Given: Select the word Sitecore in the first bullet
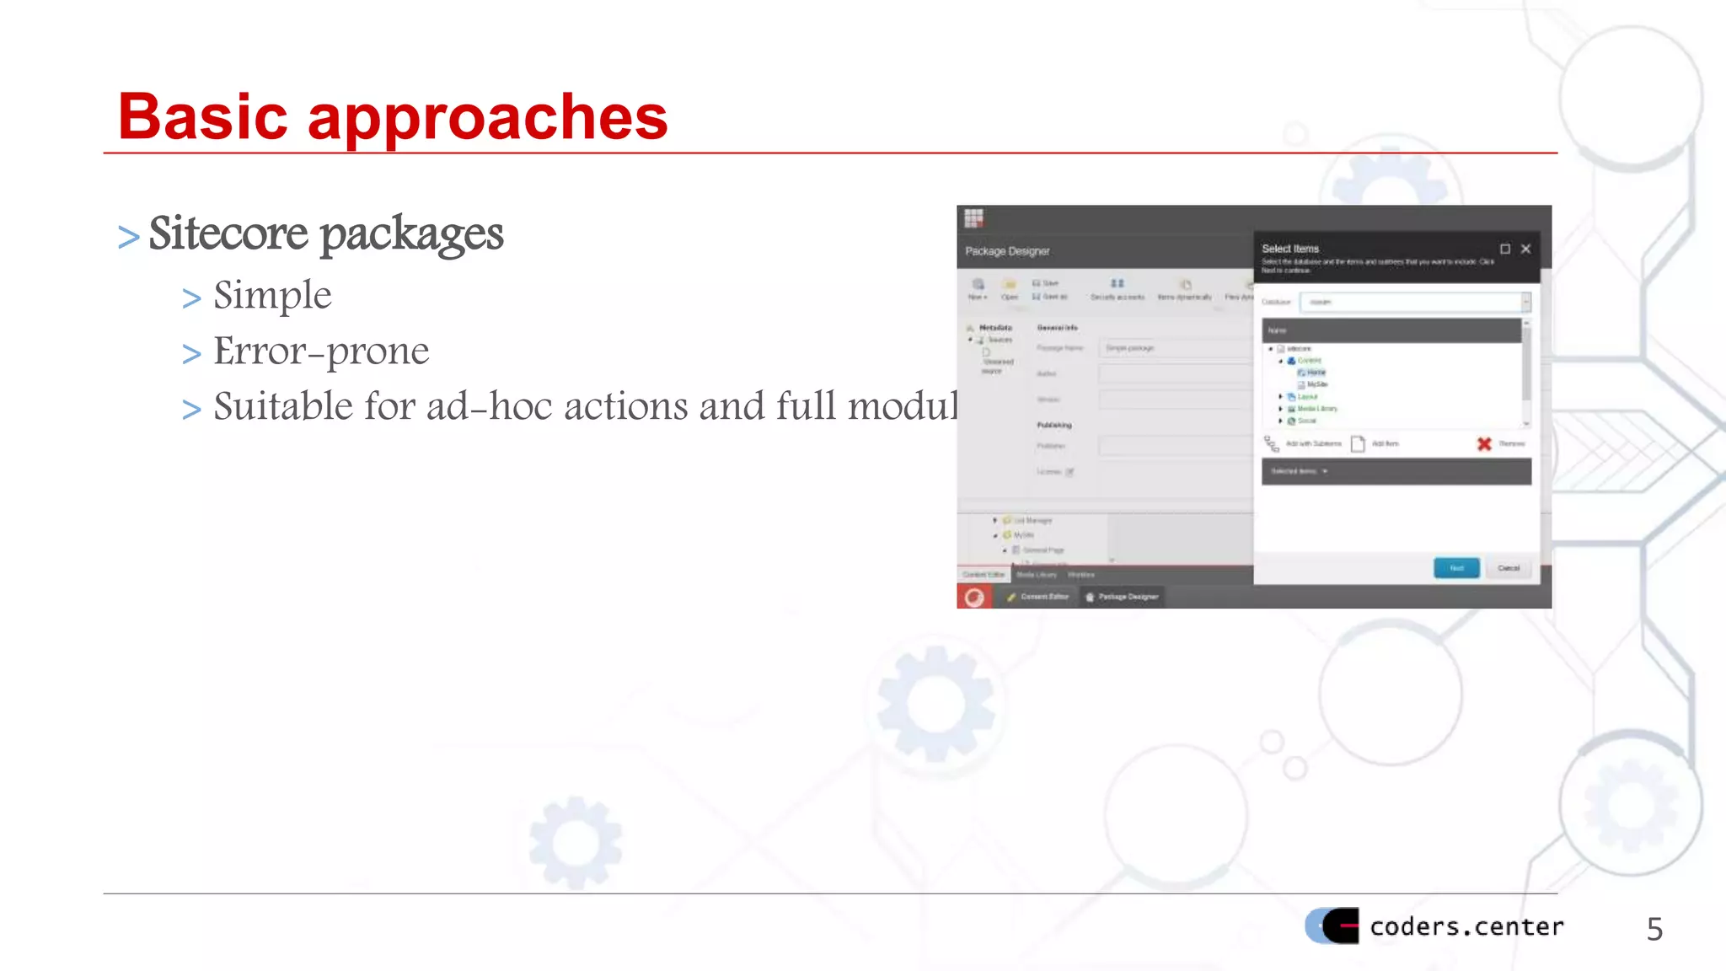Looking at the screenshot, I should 228,233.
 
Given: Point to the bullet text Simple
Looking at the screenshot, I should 272,295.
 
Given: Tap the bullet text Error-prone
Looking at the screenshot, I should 321,351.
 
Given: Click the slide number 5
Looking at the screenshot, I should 1654,929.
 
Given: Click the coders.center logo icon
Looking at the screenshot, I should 1332,925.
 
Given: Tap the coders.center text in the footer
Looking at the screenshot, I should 1466,926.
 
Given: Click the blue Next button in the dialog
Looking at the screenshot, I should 1456,568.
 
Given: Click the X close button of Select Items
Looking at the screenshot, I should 1525,249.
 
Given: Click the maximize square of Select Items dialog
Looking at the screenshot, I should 1505,249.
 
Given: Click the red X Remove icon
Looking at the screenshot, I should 1484,443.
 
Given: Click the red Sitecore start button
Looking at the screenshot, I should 974,597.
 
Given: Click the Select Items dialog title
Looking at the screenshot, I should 1290,249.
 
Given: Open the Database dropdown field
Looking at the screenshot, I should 1415,302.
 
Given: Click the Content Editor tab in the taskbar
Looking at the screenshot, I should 1038,597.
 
